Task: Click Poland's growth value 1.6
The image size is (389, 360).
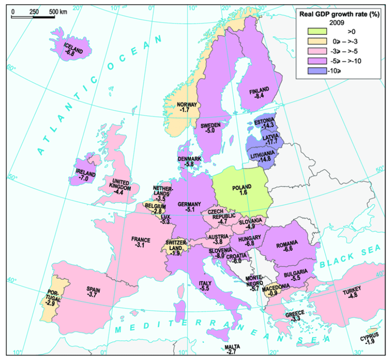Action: point(241,193)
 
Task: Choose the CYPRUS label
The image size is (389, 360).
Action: point(370,336)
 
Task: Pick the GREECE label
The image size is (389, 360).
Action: point(296,313)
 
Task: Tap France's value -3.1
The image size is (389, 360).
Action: point(140,246)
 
